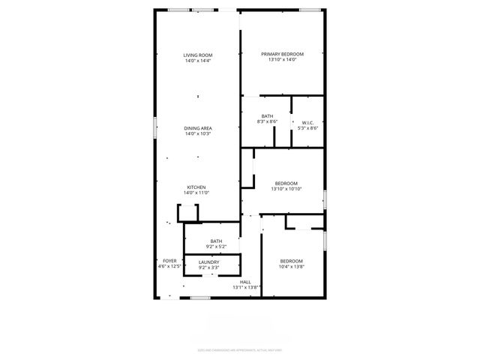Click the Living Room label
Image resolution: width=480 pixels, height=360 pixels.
point(198,55)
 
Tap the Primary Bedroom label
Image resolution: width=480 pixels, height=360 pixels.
point(282,54)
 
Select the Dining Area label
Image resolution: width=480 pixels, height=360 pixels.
point(198,128)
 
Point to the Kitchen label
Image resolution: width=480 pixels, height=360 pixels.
point(196,187)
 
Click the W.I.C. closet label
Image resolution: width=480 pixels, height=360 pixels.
point(308,122)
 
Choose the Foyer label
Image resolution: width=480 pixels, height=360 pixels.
point(169,260)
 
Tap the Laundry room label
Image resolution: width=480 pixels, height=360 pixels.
point(209,262)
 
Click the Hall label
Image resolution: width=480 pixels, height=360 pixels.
point(245,281)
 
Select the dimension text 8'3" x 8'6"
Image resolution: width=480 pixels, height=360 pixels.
point(267,121)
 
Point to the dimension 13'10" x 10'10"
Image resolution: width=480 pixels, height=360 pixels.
point(286,189)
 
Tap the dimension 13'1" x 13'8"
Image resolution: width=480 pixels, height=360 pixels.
point(245,287)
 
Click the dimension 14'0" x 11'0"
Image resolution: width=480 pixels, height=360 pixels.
point(196,193)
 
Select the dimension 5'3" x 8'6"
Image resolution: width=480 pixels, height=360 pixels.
point(308,127)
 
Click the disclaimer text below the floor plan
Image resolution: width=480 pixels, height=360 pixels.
point(240,349)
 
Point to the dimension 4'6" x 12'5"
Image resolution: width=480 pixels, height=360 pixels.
point(169,266)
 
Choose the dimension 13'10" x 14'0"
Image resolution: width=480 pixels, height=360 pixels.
point(282,60)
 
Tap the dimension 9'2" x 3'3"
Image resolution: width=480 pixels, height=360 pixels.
point(209,267)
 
